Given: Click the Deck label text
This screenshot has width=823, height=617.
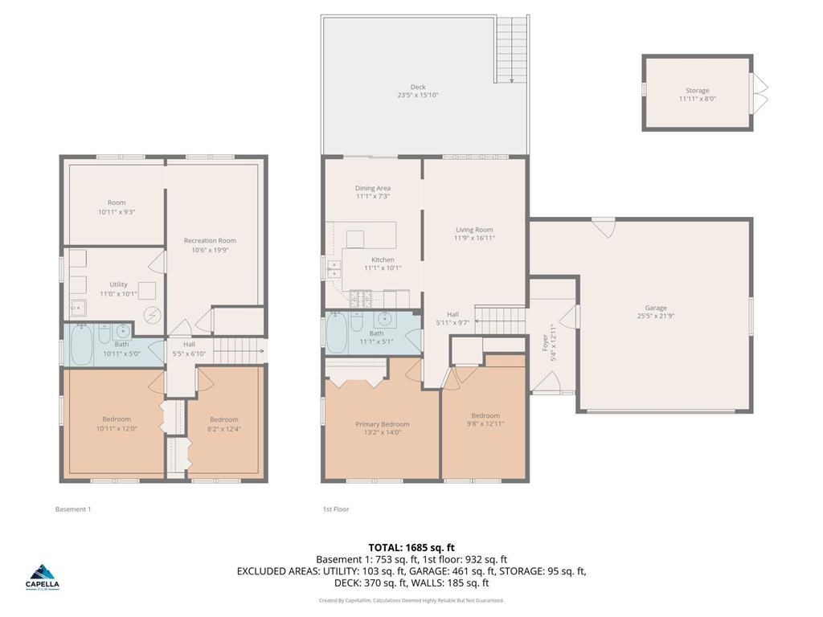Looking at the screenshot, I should pyautogui.click(x=417, y=87).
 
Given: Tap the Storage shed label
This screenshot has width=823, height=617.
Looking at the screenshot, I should pyautogui.click(x=697, y=91).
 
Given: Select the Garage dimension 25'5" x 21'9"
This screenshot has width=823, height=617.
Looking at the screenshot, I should pyautogui.click(x=655, y=316).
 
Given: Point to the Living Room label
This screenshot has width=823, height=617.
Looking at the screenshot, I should pyautogui.click(x=474, y=230).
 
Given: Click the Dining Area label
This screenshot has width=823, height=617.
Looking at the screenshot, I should pyautogui.click(x=372, y=188).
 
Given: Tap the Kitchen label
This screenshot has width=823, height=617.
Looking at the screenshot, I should pyautogui.click(x=383, y=259).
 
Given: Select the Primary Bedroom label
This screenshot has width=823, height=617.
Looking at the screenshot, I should pyautogui.click(x=383, y=424).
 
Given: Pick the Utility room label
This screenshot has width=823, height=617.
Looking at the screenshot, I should pyautogui.click(x=118, y=284).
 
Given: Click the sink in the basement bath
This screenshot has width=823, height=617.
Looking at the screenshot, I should pyautogui.click(x=123, y=330).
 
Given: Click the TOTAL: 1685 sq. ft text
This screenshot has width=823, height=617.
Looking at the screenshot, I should pyautogui.click(x=411, y=547).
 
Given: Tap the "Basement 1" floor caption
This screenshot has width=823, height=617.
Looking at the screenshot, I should pyautogui.click(x=72, y=509).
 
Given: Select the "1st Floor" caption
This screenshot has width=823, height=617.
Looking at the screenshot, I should pyautogui.click(x=336, y=509).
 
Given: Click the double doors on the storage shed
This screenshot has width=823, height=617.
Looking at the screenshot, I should pyautogui.click(x=760, y=91).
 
